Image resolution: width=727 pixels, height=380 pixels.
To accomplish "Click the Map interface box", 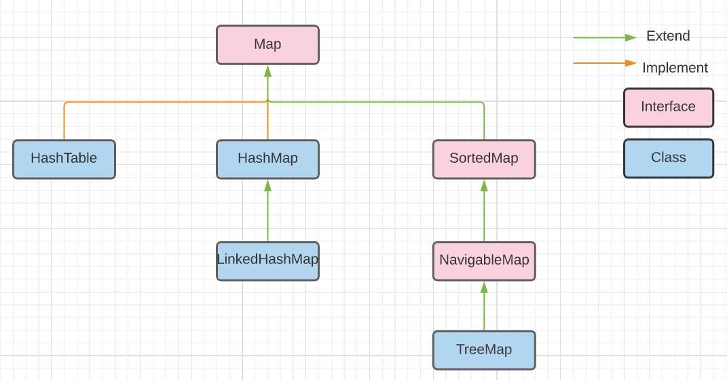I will (267, 45).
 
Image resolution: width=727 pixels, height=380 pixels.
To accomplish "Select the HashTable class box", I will (64, 159).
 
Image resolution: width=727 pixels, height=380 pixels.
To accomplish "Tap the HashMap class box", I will (267, 159).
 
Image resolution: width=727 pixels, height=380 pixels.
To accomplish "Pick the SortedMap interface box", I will (483, 159).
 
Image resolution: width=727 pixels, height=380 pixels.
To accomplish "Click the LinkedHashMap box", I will (267, 260).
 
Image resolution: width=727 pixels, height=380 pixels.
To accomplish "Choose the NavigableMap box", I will (483, 260).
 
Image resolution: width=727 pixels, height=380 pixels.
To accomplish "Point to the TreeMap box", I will (483, 350).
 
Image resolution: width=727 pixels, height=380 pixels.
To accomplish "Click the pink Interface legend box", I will (668, 107).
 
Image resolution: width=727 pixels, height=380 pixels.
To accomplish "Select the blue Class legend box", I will (668, 158).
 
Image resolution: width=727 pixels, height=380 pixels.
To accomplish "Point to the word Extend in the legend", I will (668, 37).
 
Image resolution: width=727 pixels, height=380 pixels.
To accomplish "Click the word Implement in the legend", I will (675, 68).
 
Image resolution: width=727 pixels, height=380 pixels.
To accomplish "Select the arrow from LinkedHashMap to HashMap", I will (267, 210).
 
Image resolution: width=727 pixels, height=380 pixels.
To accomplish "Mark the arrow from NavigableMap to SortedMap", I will (484, 210).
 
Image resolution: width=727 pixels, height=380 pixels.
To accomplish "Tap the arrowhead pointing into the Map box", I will (267, 71).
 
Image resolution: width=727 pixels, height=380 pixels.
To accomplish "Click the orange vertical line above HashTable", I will (64, 122).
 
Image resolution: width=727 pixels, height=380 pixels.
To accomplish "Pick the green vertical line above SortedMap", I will (484, 122).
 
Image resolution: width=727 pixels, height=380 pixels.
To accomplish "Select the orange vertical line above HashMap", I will (268, 122).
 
